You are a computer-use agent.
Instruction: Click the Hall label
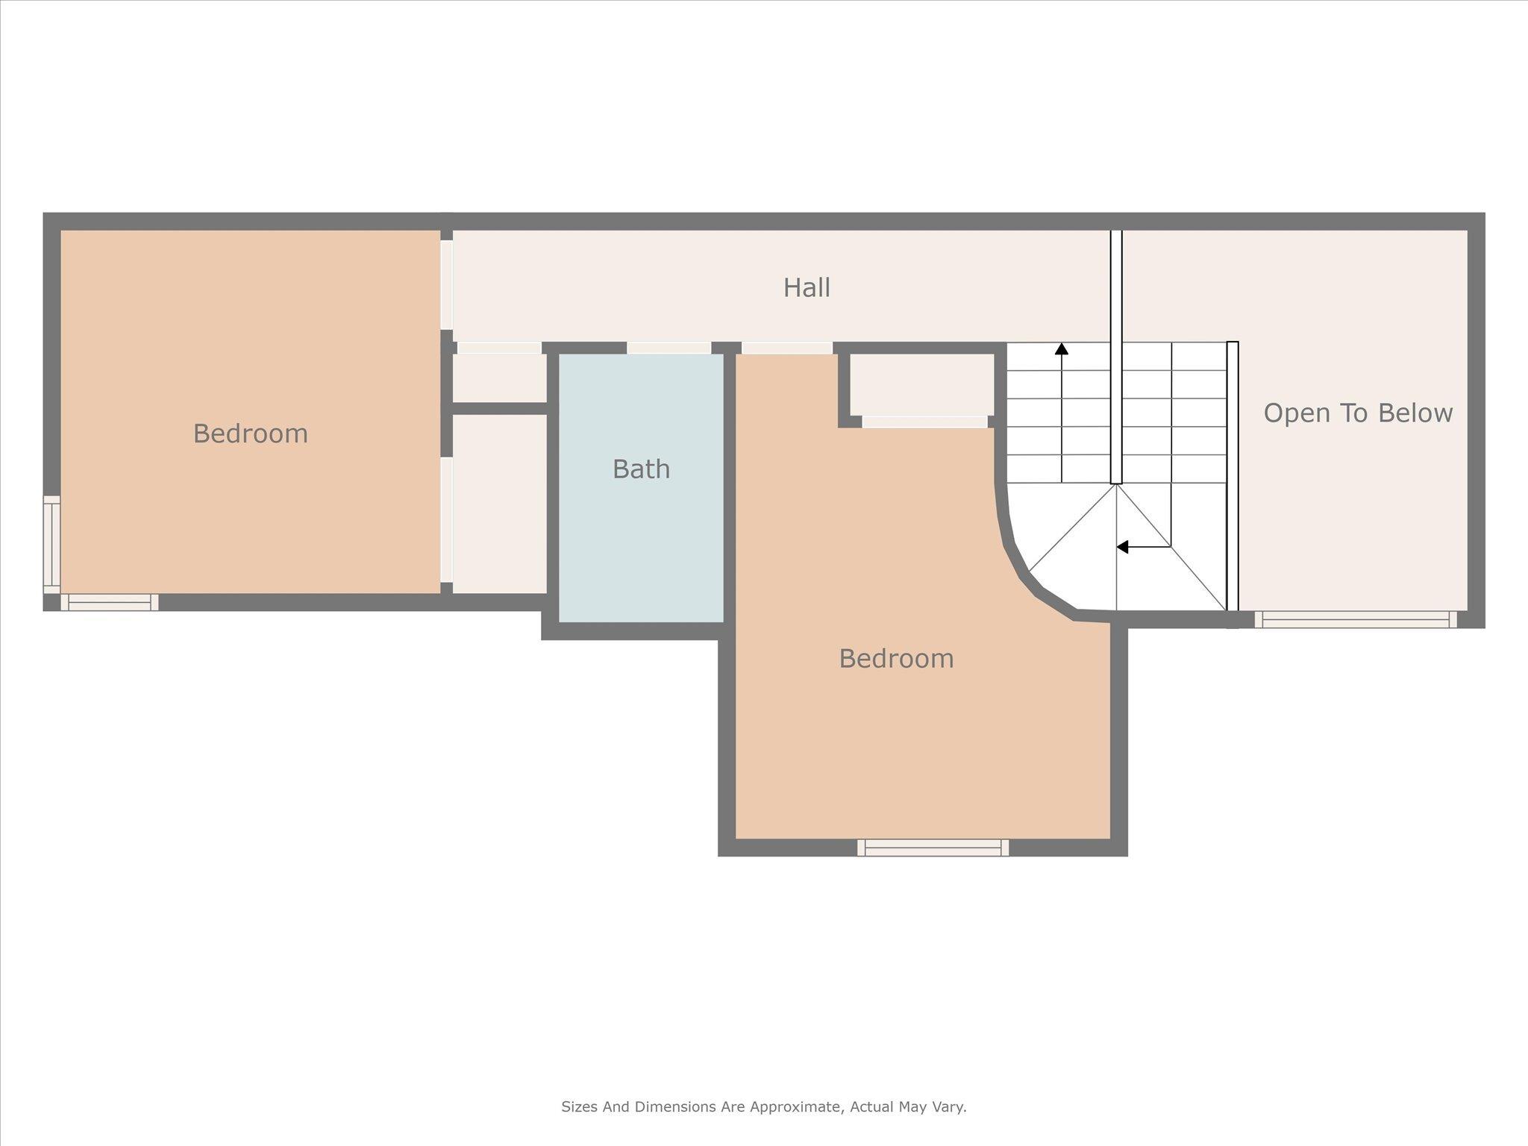pyautogui.click(x=807, y=288)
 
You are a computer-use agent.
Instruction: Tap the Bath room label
pyautogui.click(x=641, y=469)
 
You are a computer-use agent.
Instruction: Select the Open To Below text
pyautogui.click(x=1358, y=413)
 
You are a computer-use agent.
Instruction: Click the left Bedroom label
pyautogui.click(x=250, y=433)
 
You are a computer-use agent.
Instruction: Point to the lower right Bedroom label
pyautogui.click(x=896, y=659)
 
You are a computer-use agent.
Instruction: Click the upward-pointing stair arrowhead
pyautogui.click(x=1062, y=348)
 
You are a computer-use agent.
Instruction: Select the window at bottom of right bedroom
pyautogui.click(x=933, y=847)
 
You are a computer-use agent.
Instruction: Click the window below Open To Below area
pyautogui.click(x=1355, y=619)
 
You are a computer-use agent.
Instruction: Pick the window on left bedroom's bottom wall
pyautogui.click(x=110, y=602)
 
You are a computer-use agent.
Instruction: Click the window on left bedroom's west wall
pyautogui.click(x=51, y=544)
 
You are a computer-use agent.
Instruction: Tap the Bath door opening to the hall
pyautogui.click(x=668, y=348)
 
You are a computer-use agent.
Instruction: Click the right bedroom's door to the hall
pyautogui.click(x=787, y=348)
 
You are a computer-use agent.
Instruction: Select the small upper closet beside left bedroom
pyautogui.click(x=499, y=378)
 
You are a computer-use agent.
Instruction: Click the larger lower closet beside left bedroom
pyautogui.click(x=499, y=504)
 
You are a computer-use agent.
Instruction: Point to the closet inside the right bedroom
pyautogui.click(x=922, y=383)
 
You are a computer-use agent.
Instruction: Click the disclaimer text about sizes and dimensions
pyautogui.click(x=763, y=1106)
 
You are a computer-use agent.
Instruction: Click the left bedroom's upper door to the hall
pyautogui.click(x=446, y=284)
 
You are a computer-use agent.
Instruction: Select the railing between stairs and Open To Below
pyautogui.click(x=1233, y=477)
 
